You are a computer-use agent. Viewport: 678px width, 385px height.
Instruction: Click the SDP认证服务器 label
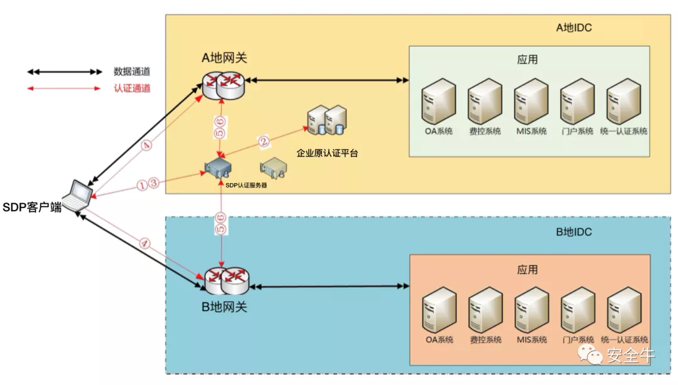coord(233,185)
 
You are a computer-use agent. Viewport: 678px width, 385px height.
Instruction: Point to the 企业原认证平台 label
coord(327,153)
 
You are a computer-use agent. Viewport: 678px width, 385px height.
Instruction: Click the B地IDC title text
coord(574,232)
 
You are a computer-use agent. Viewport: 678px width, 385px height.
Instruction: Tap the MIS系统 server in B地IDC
coord(532,310)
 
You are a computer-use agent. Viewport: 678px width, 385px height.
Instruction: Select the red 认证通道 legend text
coord(132,88)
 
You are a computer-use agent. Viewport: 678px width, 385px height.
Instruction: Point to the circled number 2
coord(265,142)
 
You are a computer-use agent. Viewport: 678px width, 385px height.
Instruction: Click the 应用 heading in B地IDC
coord(527,270)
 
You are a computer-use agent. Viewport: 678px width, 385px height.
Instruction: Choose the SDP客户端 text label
coord(32,208)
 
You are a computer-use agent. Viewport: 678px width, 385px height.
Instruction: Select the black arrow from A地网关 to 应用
coord(326,80)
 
